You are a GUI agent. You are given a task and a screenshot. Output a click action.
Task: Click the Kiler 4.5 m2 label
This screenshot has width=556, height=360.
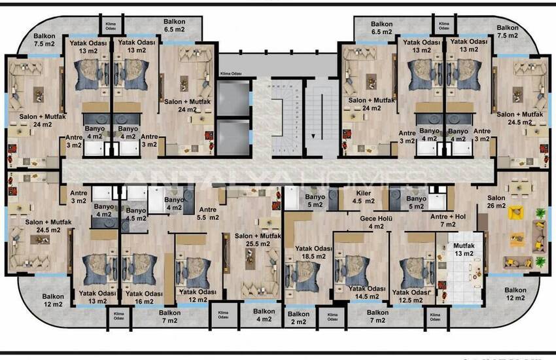[x=364, y=198]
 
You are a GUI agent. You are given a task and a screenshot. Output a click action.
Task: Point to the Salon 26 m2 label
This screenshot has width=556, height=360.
[x=497, y=202]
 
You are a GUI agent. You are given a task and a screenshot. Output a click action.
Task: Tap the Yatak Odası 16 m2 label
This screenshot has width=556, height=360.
[x=144, y=298]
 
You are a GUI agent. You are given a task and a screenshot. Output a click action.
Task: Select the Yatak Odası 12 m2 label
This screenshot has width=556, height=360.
[x=198, y=296]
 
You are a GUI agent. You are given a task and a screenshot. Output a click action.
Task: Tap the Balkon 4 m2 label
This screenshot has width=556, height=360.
[x=264, y=315]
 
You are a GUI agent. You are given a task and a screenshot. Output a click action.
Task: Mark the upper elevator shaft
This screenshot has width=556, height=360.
[x=233, y=99]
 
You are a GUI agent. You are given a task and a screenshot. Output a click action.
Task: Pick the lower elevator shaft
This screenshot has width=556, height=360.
[x=233, y=135]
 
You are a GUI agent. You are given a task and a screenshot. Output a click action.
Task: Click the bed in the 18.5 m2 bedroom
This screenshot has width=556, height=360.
[x=302, y=275]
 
